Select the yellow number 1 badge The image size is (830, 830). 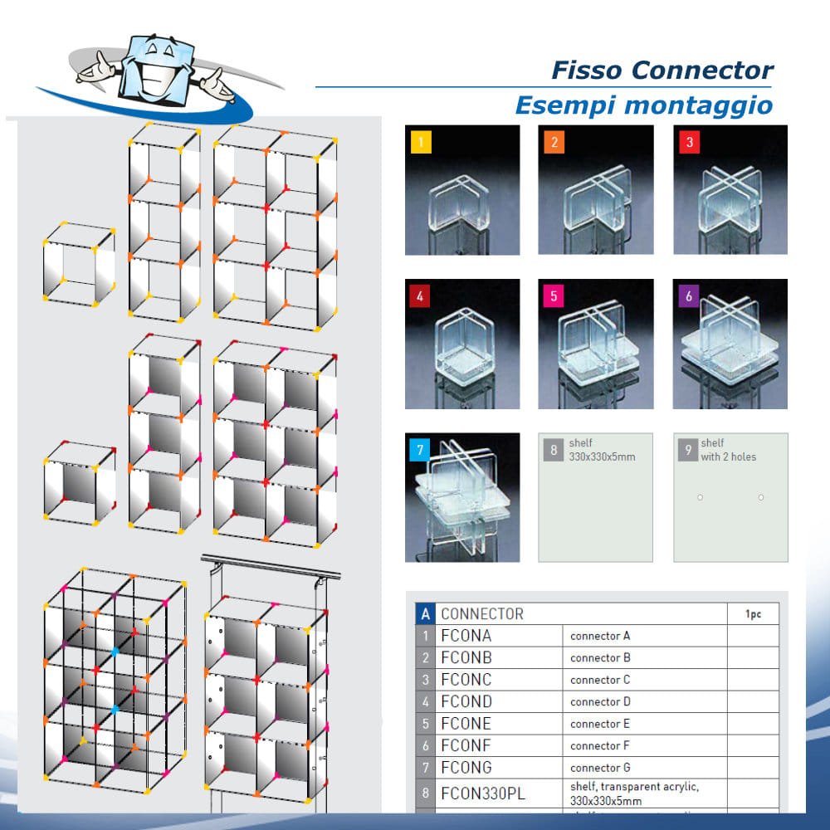tap(421, 142)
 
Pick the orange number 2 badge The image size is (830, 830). tap(554, 142)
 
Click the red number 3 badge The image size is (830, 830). tap(689, 142)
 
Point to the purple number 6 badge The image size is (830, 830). tap(688, 295)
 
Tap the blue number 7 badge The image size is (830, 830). tap(421, 449)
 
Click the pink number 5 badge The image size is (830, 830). tap(554, 295)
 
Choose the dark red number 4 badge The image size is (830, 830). tap(421, 295)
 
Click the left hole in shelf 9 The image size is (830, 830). tap(701, 497)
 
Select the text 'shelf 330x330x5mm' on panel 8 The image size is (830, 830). tap(602, 450)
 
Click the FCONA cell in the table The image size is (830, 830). tap(466, 636)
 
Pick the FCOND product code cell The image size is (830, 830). tap(466, 701)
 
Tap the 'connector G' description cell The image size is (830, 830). tap(600, 768)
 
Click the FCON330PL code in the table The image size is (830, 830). tap(483, 793)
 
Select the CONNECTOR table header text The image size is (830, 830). tap(482, 614)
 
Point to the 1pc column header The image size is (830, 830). tap(753, 614)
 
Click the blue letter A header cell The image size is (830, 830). tap(425, 614)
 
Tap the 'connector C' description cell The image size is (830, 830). tap(600, 680)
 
